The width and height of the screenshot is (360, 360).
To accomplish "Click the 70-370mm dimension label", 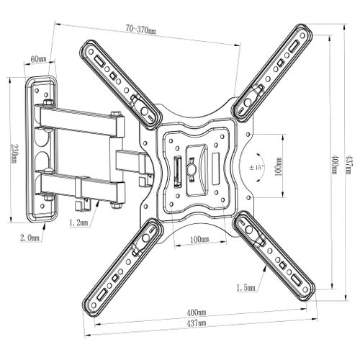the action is [x=141, y=30].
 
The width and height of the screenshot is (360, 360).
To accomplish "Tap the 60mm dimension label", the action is [x=38, y=59].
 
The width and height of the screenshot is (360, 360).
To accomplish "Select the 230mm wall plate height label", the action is [x=15, y=153].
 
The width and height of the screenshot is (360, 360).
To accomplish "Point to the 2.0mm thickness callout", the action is [x=30, y=238].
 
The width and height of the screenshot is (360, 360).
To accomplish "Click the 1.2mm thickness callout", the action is [x=78, y=223].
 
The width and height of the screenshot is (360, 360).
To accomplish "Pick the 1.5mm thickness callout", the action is [x=246, y=287].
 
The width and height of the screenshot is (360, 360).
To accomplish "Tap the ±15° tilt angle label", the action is [x=256, y=167].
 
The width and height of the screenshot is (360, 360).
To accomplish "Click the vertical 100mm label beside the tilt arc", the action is [x=279, y=167].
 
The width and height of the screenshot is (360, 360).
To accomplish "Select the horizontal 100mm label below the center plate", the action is [x=199, y=239].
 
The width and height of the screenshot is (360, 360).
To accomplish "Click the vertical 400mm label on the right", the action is [x=335, y=165].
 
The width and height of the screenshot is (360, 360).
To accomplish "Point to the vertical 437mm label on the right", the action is [x=349, y=165].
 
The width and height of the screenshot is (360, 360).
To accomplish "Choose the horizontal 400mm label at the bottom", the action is [x=197, y=312].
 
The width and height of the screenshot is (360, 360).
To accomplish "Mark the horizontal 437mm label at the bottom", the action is [x=197, y=323].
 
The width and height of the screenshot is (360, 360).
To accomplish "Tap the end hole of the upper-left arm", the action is [x=91, y=52].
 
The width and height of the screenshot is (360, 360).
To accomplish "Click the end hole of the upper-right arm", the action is [x=302, y=36].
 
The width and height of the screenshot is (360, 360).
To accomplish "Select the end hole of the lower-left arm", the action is [x=94, y=305].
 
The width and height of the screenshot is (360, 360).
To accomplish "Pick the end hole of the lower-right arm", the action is [x=305, y=289].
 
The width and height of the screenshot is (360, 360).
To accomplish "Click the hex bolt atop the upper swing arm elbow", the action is [x=116, y=114].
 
